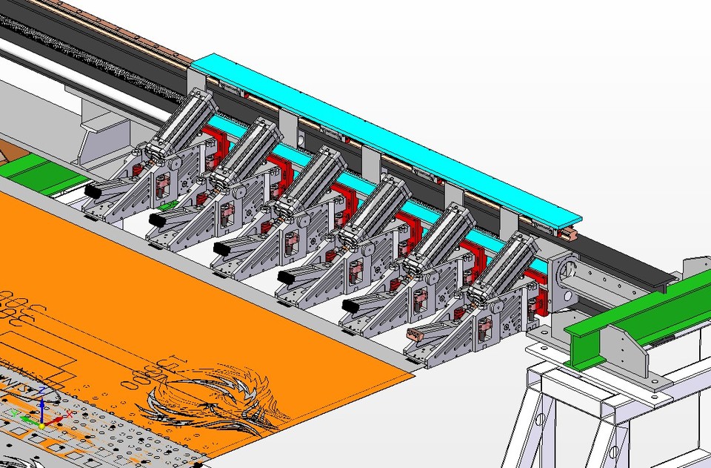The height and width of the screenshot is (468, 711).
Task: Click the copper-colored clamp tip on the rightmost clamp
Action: (416, 335)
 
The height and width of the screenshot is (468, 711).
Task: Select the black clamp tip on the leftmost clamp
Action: (93, 191)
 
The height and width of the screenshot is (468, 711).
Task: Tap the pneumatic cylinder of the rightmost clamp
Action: (504, 264)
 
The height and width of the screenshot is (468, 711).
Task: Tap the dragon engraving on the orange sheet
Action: (215, 393)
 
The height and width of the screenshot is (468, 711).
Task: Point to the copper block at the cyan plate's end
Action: (569, 234)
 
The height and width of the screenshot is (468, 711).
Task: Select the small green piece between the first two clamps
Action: (169, 205)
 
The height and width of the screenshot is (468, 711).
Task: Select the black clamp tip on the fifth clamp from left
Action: (351, 305)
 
